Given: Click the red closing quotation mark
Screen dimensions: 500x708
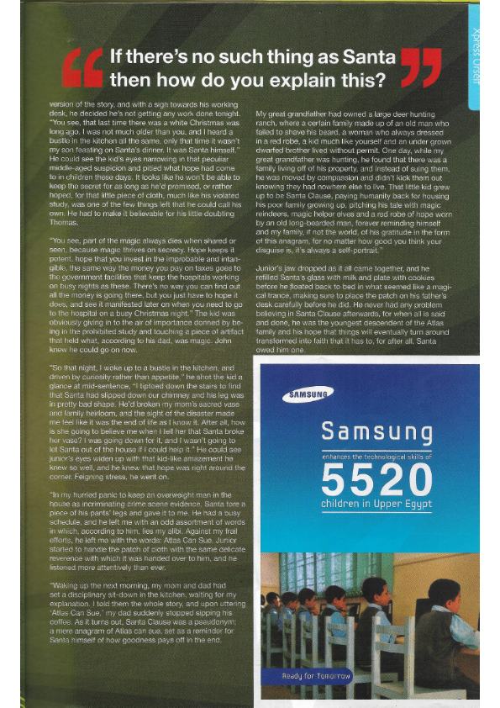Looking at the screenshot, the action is [421, 67].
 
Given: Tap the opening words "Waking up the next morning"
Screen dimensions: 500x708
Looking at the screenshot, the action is [93, 583].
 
